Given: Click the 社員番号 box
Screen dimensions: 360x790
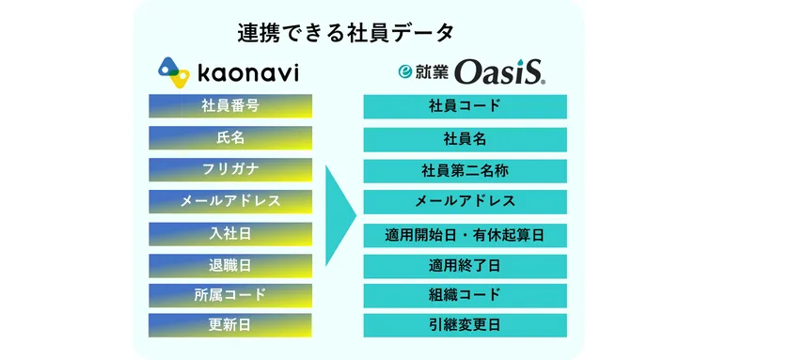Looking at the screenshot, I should click(230, 105).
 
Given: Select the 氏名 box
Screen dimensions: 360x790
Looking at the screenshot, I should click(230, 137).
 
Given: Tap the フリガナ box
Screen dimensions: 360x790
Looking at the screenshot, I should click(230, 169).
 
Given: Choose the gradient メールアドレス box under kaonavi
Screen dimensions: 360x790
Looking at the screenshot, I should click(230, 201).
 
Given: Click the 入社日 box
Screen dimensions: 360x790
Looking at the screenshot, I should click(230, 232).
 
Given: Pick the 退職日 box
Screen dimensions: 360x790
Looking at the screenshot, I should click(230, 264).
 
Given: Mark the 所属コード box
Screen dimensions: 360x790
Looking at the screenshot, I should click(230, 295).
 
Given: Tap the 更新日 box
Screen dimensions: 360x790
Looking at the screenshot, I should click(230, 326).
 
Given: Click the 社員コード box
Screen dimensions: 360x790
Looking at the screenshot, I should click(465, 106).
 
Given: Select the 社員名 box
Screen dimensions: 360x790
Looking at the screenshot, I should click(465, 139).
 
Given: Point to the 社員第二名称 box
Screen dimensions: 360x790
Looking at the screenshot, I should click(465, 171).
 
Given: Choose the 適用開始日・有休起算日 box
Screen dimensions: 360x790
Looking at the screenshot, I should click(465, 234).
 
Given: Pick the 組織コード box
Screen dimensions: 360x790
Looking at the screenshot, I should click(465, 295).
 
